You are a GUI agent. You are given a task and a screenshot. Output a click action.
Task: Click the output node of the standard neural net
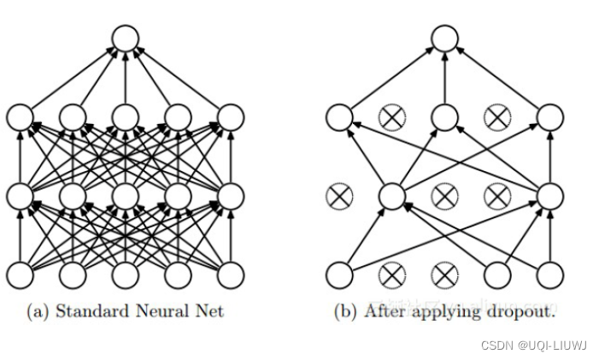click(x=126, y=38)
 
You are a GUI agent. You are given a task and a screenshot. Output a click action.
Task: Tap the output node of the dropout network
click(x=443, y=38)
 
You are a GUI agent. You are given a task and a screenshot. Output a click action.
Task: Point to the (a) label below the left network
click(x=38, y=310)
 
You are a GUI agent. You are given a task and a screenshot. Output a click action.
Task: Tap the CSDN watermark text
click(x=496, y=345)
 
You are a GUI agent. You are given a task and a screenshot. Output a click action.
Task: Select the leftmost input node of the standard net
click(x=20, y=274)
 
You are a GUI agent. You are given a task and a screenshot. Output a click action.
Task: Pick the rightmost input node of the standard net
click(x=231, y=274)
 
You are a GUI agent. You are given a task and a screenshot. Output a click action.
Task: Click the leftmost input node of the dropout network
click(x=338, y=274)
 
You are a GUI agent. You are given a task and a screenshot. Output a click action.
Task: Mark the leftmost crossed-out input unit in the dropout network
click(x=391, y=274)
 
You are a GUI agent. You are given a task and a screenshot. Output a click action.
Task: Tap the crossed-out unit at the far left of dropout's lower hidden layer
click(x=338, y=196)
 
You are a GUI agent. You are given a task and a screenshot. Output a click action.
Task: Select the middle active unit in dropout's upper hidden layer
click(x=443, y=117)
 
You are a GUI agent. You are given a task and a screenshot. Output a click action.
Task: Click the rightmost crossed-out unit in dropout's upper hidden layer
click(x=496, y=117)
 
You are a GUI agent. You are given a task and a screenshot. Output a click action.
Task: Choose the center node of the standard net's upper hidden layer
click(x=126, y=117)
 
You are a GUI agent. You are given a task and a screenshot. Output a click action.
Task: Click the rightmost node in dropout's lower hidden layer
click(x=549, y=196)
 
